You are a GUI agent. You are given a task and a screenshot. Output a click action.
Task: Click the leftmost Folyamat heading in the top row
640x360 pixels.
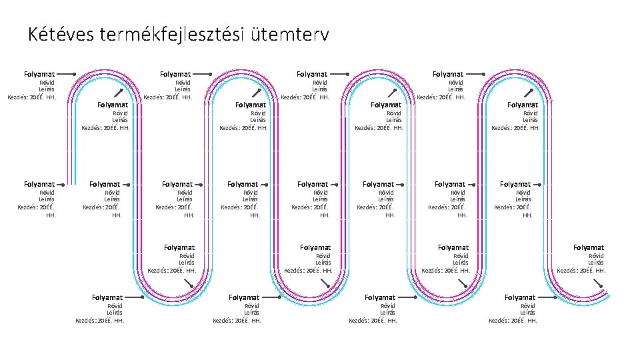pyautogui.click(x=39, y=74)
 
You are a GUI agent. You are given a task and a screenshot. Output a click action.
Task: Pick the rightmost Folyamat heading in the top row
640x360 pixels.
pyautogui.click(x=448, y=74)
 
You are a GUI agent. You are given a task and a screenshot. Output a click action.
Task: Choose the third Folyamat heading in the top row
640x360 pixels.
pyautogui.click(x=312, y=74)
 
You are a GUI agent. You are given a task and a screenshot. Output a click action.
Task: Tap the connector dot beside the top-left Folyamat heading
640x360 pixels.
pyautogui.click(x=74, y=74)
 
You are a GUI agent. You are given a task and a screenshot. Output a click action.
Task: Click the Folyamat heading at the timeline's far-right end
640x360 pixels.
pyautogui.click(x=589, y=247)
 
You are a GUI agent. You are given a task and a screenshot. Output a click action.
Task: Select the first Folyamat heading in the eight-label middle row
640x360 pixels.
pyautogui.click(x=39, y=184)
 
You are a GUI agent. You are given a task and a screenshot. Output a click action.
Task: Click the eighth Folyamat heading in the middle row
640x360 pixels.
pyautogui.click(x=515, y=184)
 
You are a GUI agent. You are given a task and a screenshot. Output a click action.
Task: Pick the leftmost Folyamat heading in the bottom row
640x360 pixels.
pyautogui.click(x=107, y=297)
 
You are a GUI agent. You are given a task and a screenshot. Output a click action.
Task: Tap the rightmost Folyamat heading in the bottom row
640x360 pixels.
pyautogui.click(x=520, y=297)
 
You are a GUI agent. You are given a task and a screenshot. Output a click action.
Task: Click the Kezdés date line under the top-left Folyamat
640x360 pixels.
pyautogui.click(x=32, y=97)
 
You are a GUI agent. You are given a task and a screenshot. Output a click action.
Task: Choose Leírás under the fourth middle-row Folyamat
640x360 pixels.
pyautogui.click(x=250, y=199)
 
